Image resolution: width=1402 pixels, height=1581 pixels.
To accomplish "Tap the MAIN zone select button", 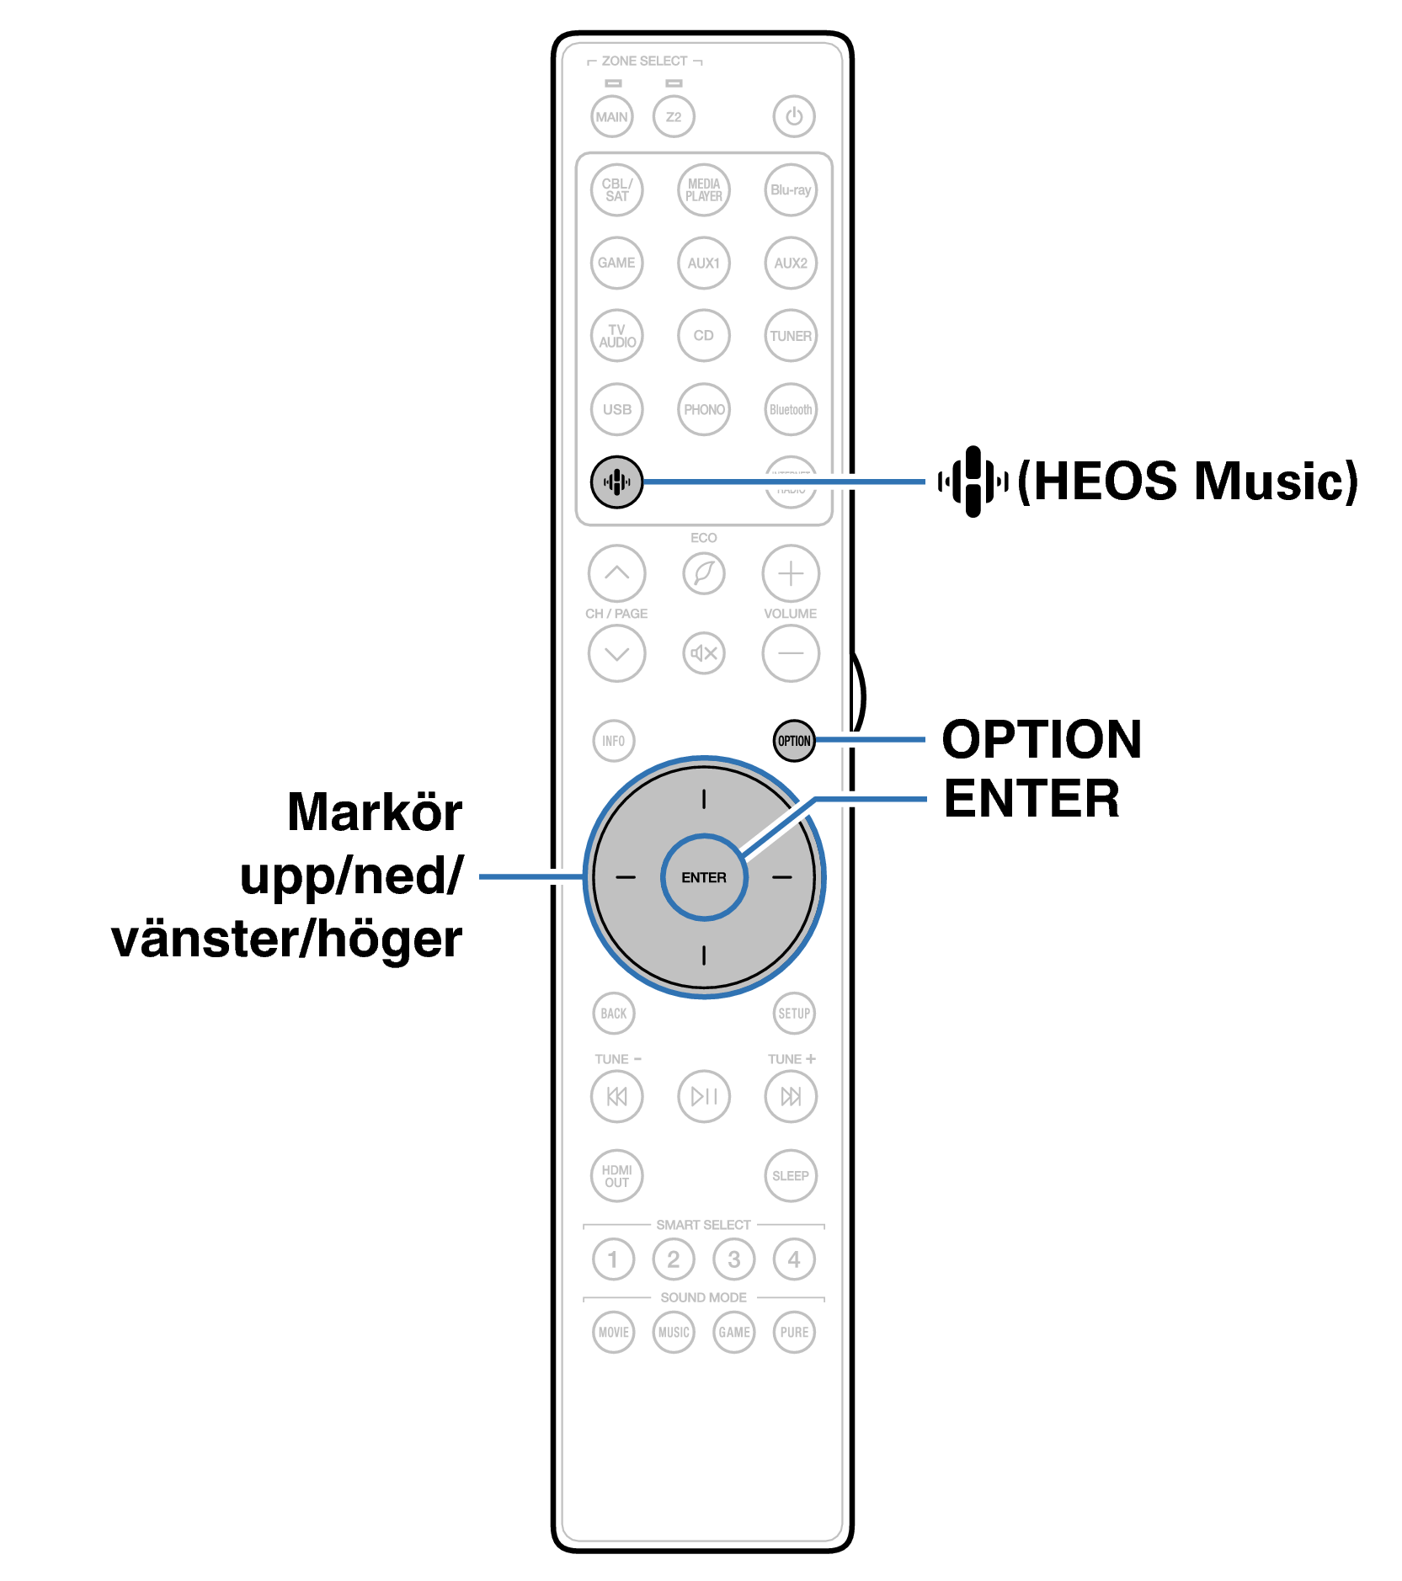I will [612, 117].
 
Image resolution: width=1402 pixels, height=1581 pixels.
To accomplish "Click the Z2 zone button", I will [674, 117].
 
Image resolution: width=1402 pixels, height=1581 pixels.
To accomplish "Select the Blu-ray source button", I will [791, 190].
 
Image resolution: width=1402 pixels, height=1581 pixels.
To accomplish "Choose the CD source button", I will [704, 335].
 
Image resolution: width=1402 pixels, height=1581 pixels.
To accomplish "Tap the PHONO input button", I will [704, 409].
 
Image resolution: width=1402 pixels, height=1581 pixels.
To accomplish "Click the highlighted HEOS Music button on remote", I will [616, 482].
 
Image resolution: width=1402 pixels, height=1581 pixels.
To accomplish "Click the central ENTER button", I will [704, 877].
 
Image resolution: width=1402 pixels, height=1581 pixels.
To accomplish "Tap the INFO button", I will [614, 741].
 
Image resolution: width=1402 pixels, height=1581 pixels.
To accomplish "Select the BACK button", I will [614, 1014].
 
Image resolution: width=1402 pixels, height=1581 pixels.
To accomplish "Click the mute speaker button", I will [704, 653].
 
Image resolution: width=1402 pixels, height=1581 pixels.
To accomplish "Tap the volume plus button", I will [791, 574].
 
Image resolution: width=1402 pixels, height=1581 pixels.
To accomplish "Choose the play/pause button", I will [704, 1096].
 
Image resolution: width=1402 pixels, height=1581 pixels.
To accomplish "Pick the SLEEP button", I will [791, 1176].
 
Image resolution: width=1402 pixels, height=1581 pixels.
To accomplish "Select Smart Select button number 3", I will [734, 1259].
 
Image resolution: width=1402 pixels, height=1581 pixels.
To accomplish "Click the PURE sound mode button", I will [794, 1332].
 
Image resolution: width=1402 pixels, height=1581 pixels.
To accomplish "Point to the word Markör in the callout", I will [375, 812].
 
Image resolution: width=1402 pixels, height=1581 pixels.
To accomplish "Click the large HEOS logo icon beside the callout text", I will [973, 482].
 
